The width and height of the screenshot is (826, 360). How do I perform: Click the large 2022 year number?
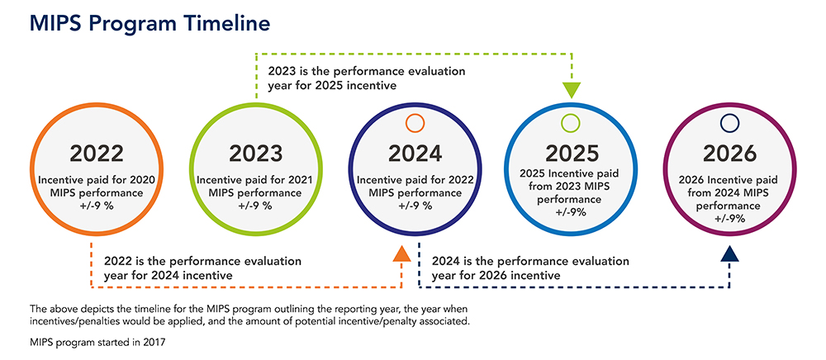coord(97,154)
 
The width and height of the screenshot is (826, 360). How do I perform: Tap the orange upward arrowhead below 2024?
coord(402,253)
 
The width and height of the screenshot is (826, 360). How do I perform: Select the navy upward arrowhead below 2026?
coord(729,253)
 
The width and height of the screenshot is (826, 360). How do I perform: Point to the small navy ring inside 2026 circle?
coord(729,123)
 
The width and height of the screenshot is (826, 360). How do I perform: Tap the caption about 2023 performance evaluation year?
coord(366,78)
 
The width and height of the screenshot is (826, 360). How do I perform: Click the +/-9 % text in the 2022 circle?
coord(97,206)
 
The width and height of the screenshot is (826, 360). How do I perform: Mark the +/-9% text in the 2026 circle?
coord(729,218)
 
